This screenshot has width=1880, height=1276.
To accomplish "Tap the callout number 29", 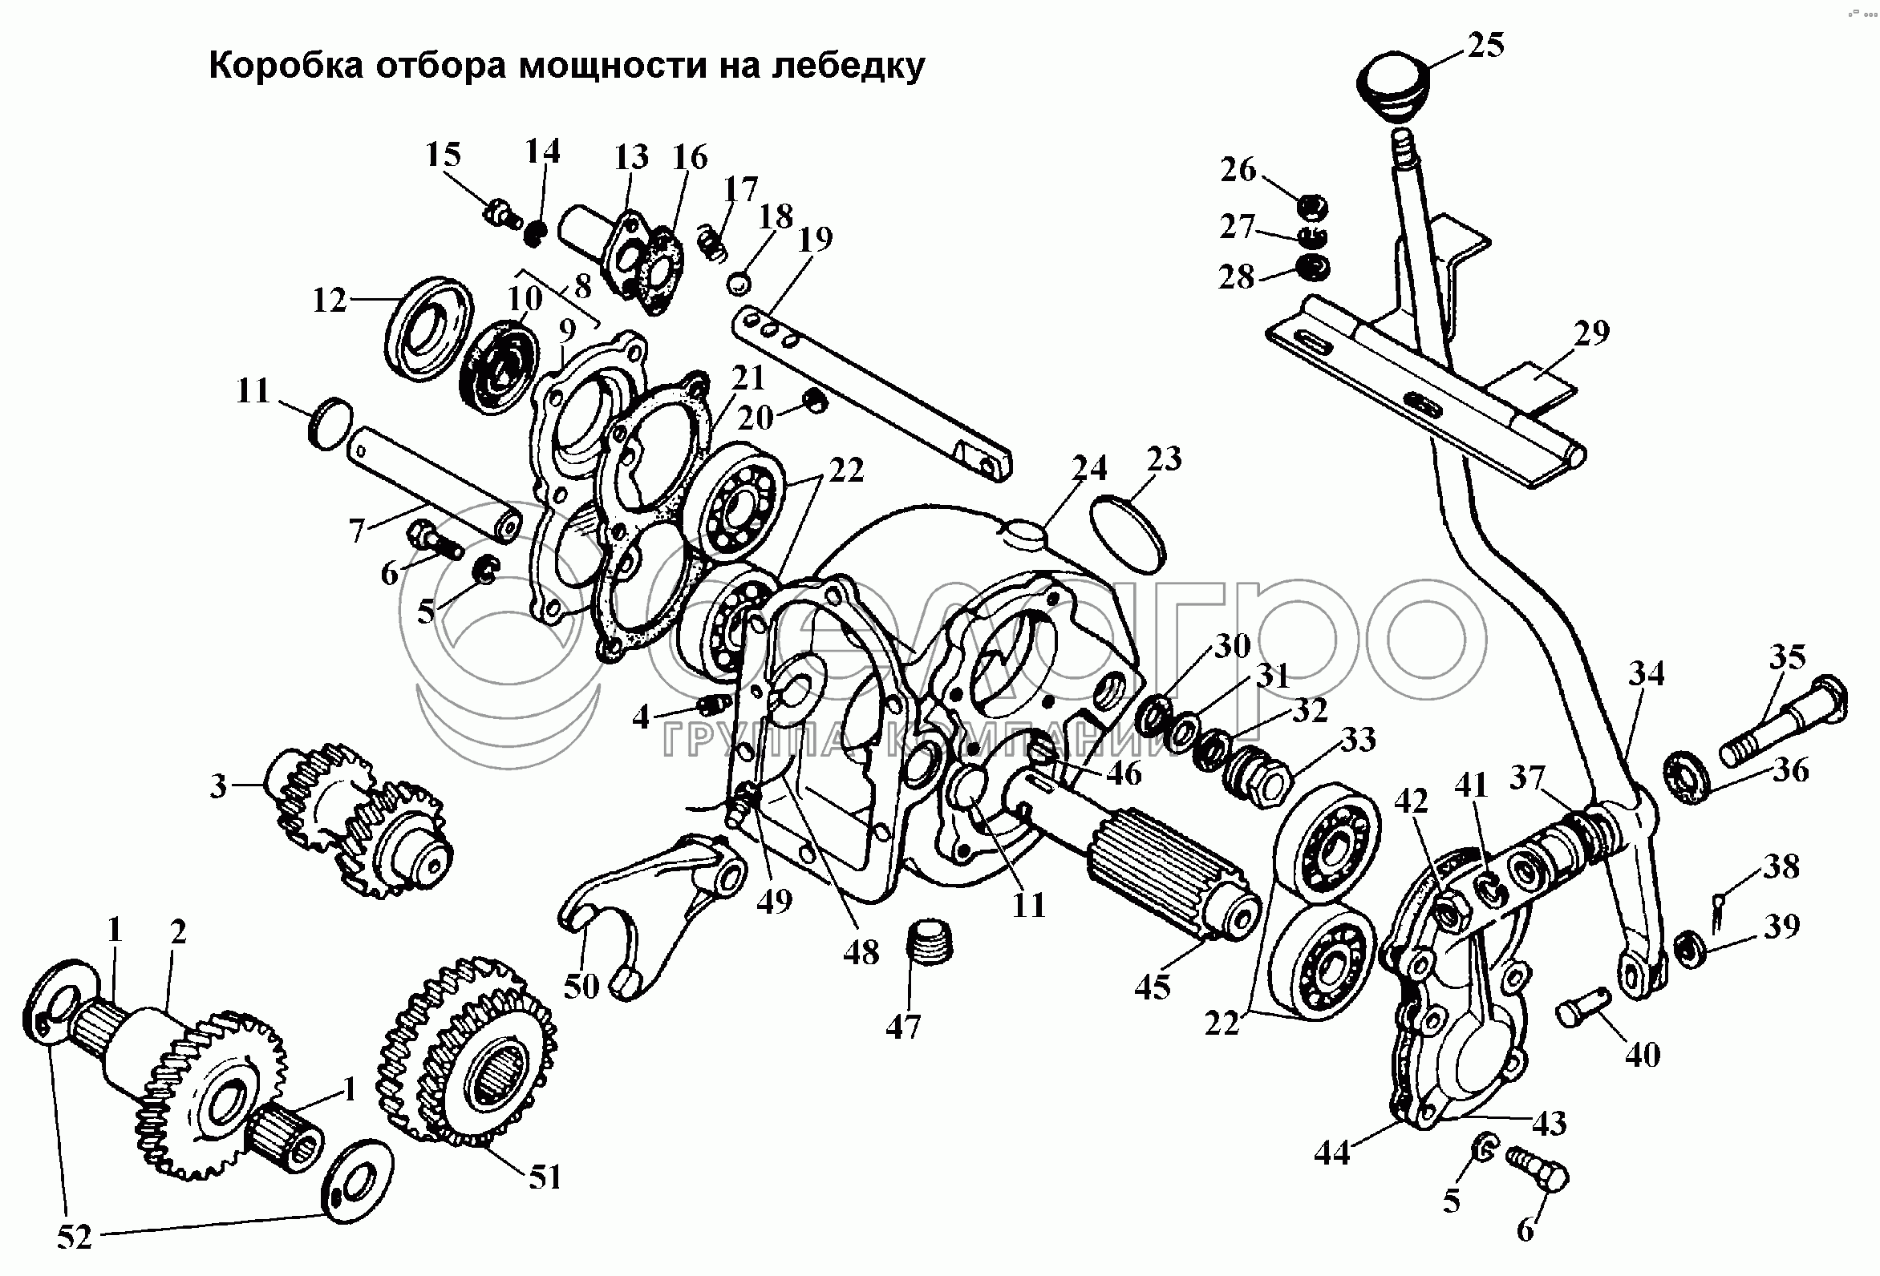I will (x=1592, y=333).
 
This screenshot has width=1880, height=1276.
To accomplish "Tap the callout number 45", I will (x=1152, y=987).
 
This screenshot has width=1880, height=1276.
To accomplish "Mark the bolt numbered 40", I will (x=1581, y=1011).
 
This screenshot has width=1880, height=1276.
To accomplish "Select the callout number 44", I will (x=1332, y=1153).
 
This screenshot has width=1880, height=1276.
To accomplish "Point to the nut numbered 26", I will (x=1312, y=208).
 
